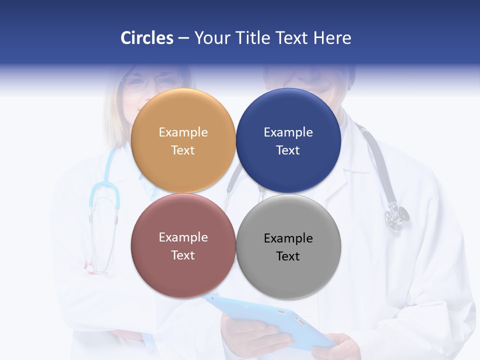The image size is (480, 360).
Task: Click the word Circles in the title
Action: click(146, 38)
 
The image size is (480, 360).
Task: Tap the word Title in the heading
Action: click(252, 38)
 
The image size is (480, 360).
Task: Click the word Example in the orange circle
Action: click(183, 132)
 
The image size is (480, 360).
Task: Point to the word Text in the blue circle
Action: click(288, 150)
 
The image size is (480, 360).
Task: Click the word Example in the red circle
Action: click(183, 237)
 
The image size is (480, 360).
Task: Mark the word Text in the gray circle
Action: click(288, 256)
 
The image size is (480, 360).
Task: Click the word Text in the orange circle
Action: click(183, 150)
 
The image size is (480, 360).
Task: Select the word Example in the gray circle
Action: click(288, 238)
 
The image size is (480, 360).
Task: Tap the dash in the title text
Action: click(183, 38)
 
